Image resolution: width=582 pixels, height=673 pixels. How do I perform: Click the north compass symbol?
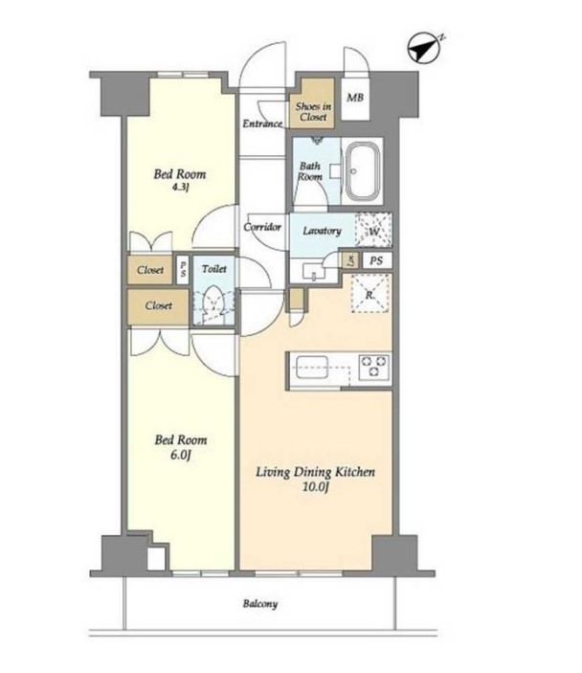click(x=424, y=48)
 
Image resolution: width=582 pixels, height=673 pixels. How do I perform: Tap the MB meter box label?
click(x=355, y=98)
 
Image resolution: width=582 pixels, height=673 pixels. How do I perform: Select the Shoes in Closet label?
click(x=313, y=111)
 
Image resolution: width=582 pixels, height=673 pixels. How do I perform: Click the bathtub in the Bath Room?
click(x=363, y=170)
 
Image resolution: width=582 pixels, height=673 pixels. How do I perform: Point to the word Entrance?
click(x=262, y=123)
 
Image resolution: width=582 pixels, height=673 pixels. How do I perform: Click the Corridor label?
click(x=262, y=227)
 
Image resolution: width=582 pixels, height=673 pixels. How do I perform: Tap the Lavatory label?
click(x=322, y=231)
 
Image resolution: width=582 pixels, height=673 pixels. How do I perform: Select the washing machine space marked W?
click(x=374, y=231)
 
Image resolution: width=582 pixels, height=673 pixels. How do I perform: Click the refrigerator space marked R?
click(x=370, y=294)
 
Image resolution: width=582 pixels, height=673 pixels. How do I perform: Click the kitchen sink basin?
click(x=312, y=367)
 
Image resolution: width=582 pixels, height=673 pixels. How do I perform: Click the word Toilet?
click(x=214, y=269)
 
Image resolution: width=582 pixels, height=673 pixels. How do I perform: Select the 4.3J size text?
click(x=181, y=187)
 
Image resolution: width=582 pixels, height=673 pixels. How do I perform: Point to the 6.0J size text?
click(x=180, y=455)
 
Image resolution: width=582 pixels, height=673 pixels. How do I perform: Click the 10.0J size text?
click(x=316, y=487)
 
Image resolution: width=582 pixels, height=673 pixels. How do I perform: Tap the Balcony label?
click(x=260, y=604)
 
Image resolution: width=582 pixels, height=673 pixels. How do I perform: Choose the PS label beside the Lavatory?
click(x=376, y=260)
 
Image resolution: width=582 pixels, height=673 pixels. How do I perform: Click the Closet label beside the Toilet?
click(x=158, y=305)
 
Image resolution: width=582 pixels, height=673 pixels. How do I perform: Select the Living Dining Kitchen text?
click(x=316, y=472)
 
